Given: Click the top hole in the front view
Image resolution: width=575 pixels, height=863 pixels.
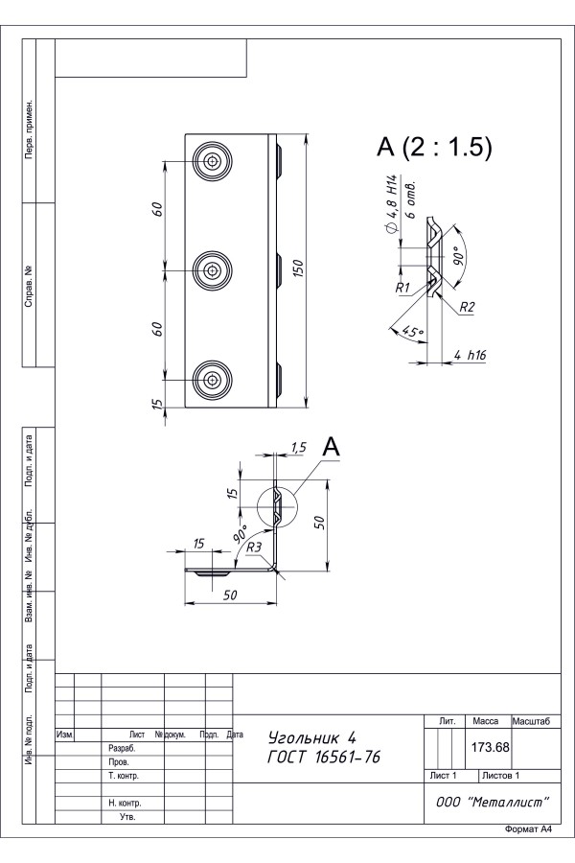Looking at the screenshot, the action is click(x=212, y=161).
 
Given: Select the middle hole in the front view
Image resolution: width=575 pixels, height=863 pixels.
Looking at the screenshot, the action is click(x=212, y=270).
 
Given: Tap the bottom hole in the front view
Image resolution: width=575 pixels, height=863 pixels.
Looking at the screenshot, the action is click(x=212, y=380).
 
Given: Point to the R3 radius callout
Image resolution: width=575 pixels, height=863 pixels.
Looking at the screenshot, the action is click(x=254, y=548).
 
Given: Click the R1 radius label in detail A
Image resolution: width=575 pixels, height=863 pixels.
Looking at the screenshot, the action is click(x=402, y=288).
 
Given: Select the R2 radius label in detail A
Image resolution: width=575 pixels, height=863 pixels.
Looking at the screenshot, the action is click(x=467, y=307).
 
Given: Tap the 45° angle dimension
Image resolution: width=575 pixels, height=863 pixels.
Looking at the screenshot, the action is click(x=413, y=332).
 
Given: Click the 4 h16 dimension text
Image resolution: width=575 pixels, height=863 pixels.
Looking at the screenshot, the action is click(x=470, y=355).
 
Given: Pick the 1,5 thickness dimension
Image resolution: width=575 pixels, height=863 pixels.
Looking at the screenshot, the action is click(x=298, y=448).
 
